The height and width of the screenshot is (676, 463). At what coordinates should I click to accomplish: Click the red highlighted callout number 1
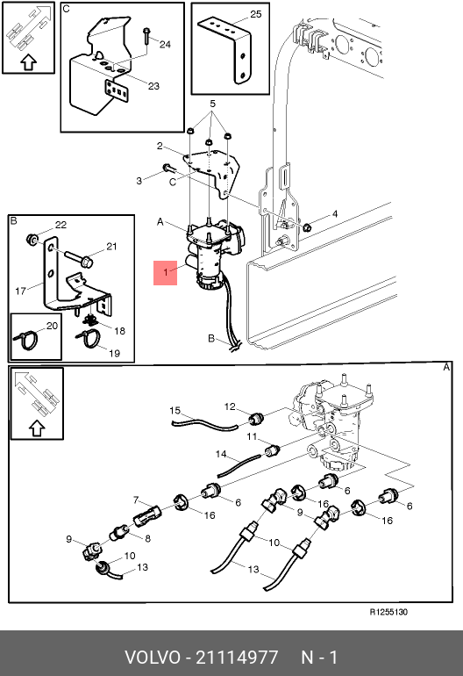tap(166, 273)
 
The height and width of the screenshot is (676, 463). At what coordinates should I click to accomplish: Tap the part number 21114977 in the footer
tap(237, 658)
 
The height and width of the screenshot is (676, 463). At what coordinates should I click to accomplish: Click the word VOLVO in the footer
tap(153, 658)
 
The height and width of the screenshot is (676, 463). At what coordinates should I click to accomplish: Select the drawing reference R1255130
tap(388, 612)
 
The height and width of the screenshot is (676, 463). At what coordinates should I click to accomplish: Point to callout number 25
tap(256, 14)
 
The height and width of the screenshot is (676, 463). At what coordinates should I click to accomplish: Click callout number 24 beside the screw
tap(165, 44)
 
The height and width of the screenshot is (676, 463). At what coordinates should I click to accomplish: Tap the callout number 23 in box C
tap(153, 86)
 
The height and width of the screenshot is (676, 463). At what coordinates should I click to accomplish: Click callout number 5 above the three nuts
tap(212, 104)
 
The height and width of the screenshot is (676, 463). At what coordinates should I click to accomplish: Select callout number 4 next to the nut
tap(335, 214)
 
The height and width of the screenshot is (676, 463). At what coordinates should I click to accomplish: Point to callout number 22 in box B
tap(61, 225)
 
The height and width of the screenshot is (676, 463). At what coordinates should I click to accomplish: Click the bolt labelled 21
tap(78, 256)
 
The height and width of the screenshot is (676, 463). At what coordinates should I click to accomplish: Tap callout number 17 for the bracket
tap(20, 291)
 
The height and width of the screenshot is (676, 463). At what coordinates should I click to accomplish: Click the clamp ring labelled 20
tap(25, 340)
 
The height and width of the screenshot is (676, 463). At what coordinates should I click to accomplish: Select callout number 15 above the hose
tap(175, 411)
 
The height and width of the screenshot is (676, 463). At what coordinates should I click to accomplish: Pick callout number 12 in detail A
tap(230, 406)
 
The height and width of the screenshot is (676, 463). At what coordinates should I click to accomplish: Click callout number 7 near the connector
tap(136, 500)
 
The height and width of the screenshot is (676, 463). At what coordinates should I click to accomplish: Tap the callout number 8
tap(147, 538)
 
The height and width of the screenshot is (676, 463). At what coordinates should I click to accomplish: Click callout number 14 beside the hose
tap(221, 454)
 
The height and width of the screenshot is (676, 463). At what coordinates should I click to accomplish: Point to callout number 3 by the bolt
tap(139, 181)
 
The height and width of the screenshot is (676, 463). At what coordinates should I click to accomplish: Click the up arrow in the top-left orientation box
tap(28, 63)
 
